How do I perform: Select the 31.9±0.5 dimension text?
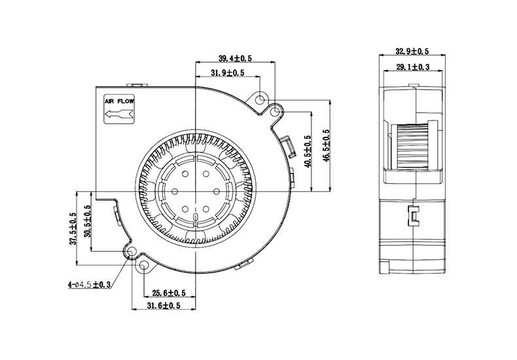point(228,73)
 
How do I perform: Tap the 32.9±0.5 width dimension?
point(412,51)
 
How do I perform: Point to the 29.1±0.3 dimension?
point(412,66)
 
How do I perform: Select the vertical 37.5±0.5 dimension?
point(73,228)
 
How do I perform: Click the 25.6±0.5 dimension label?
point(169,293)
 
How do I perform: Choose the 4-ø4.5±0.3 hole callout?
point(89,285)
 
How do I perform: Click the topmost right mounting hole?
point(262,100)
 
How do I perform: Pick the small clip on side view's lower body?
point(414,215)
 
